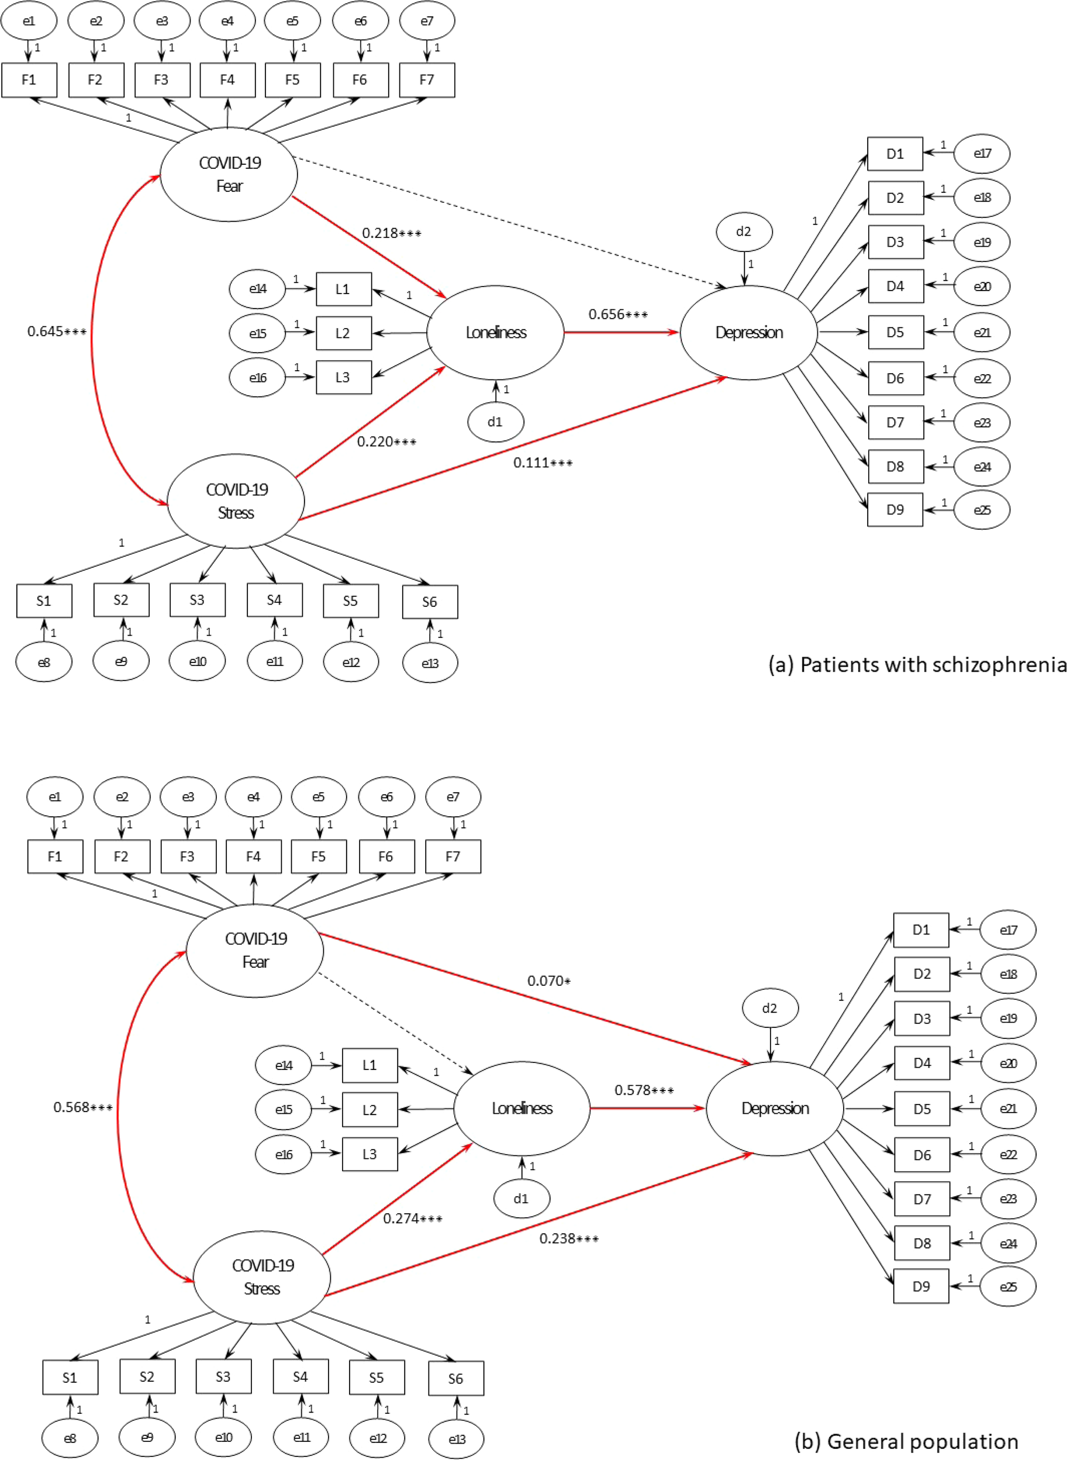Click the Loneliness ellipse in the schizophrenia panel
tap(495, 333)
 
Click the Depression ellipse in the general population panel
tap(775, 1109)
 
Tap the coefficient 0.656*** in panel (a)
tap(617, 315)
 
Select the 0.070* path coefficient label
tap(548, 981)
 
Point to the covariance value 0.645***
tap(57, 332)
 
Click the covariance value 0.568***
tap(82, 1107)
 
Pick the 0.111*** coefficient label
tap(543, 463)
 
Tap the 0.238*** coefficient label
tap(568, 1239)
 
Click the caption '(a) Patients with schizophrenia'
tap(917, 665)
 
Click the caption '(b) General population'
tap(906, 1441)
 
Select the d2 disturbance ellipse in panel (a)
tap(744, 232)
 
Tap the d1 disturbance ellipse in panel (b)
tap(522, 1199)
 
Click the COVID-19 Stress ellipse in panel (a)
tap(236, 501)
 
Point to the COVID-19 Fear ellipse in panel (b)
tap(255, 951)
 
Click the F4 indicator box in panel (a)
tap(227, 80)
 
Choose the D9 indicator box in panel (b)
tap(921, 1286)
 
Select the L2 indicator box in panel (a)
tap(343, 333)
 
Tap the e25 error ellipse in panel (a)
tap(982, 510)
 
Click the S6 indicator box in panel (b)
tap(455, 1379)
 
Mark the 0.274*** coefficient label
tap(412, 1219)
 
